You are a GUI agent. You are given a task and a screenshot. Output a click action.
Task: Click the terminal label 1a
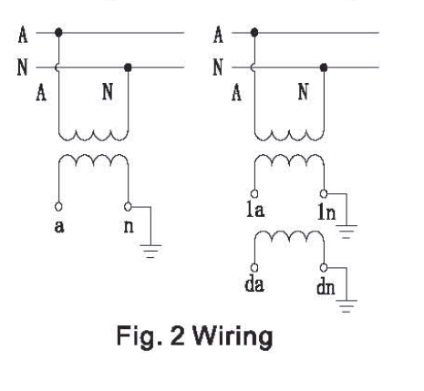point(255,210)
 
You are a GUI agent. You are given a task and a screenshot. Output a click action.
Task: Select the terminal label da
point(254,284)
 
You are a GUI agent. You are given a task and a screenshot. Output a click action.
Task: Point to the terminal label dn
point(326,286)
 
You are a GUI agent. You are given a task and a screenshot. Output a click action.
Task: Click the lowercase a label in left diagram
point(59,227)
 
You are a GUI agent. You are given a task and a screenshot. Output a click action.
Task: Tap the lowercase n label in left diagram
point(129,227)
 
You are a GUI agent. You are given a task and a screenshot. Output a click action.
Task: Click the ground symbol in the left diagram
point(150,251)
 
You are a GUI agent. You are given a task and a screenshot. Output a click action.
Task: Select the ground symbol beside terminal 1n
point(346,232)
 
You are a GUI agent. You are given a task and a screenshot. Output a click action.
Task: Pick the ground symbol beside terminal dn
point(346,306)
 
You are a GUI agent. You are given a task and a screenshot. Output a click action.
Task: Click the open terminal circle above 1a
point(254,193)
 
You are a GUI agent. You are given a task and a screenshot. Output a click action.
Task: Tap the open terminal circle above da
point(254,268)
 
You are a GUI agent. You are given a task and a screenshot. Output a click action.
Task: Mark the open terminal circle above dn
point(324,268)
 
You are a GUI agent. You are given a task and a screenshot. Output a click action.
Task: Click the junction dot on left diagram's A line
point(58,32)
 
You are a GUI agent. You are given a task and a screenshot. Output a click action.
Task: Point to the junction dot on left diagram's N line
point(128,67)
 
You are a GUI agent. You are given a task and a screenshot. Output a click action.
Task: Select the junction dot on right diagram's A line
point(254,32)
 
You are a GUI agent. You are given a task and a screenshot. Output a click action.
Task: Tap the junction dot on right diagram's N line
point(324,67)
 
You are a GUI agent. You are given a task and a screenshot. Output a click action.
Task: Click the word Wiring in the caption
point(233,337)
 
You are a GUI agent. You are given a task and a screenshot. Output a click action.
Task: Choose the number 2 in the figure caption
point(178,335)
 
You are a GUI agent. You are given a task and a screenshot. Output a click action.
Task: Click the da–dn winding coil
point(289,235)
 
